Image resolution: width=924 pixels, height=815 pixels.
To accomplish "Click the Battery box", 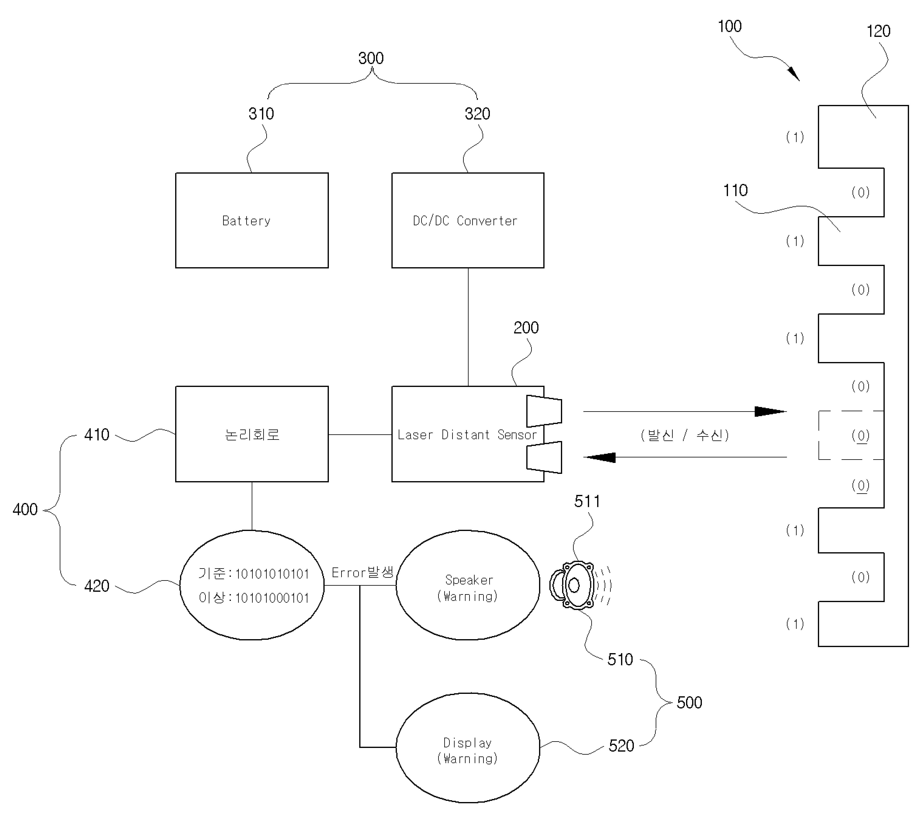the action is [x=252, y=220].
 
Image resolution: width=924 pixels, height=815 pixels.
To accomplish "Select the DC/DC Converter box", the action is [x=468, y=220].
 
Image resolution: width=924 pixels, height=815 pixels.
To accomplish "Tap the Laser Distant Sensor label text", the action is [x=467, y=435].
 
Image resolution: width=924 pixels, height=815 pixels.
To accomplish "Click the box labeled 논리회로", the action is [x=252, y=434].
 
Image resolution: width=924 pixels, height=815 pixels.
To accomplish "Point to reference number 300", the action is [x=371, y=58].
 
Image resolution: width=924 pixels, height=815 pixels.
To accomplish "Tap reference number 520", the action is [x=621, y=746].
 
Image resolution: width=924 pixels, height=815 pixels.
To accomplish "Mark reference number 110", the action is [x=735, y=190].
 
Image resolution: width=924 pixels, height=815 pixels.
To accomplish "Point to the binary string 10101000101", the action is [x=272, y=598].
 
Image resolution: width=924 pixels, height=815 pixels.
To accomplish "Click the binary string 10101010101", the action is [x=272, y=574].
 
